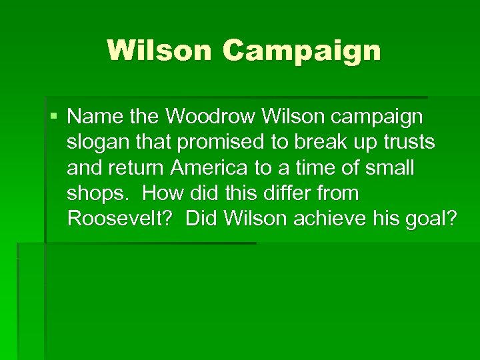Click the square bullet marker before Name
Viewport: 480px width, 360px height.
[x=54, y=117]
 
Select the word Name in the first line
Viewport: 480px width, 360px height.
[x=91, y=117]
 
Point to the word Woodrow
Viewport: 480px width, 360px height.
[x=211, y=117]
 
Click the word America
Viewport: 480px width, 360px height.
[x=217, y=168]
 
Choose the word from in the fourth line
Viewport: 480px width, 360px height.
[x=339, y=193]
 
